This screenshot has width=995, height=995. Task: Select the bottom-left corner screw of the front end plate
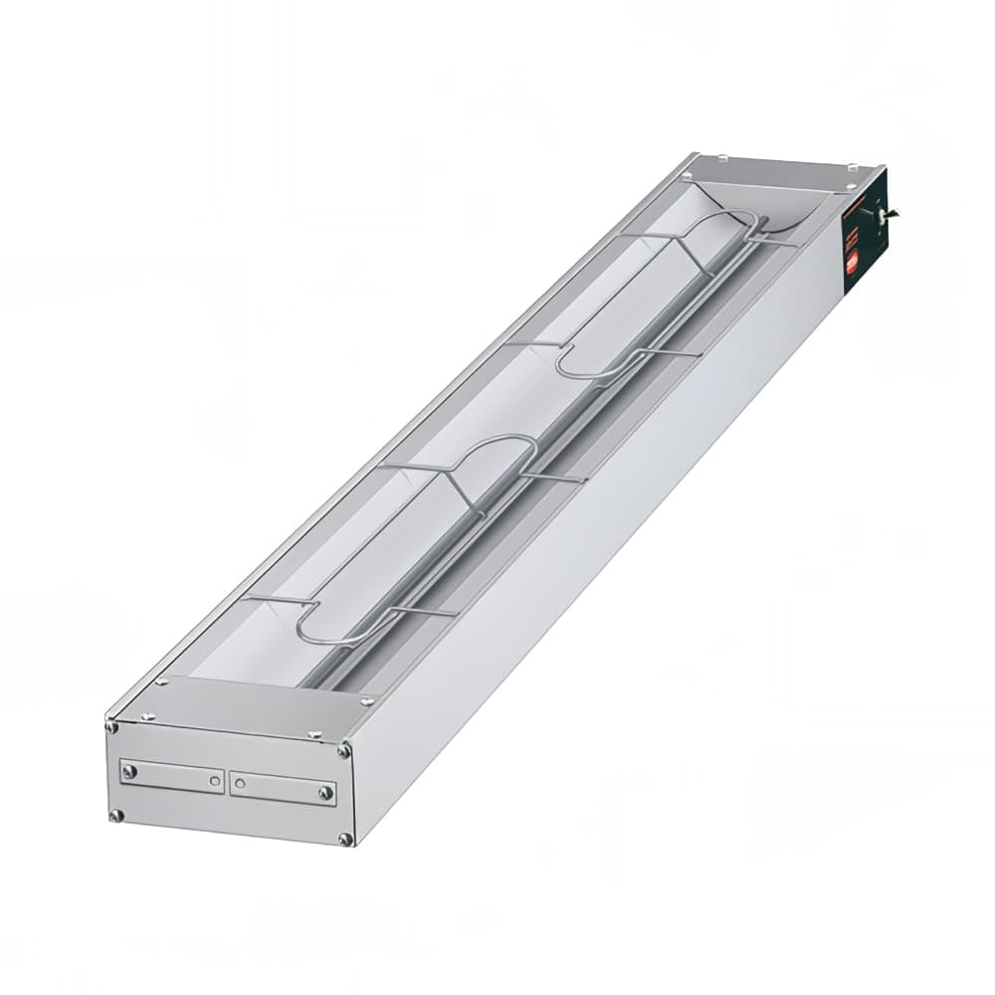click(x=116, y=815)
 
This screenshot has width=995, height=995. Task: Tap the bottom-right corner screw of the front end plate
click(x=344, y=839)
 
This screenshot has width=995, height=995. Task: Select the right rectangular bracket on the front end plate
click(x=283, y=787)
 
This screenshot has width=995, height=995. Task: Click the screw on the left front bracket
click(x=127, y=770)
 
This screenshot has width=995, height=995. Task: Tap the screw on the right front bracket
click(x=324, y=793)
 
